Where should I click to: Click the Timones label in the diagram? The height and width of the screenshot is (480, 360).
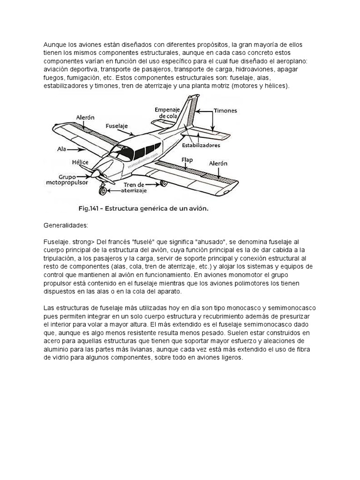[x=225, y=111]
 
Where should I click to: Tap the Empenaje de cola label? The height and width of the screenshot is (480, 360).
[x=167, y=112]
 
